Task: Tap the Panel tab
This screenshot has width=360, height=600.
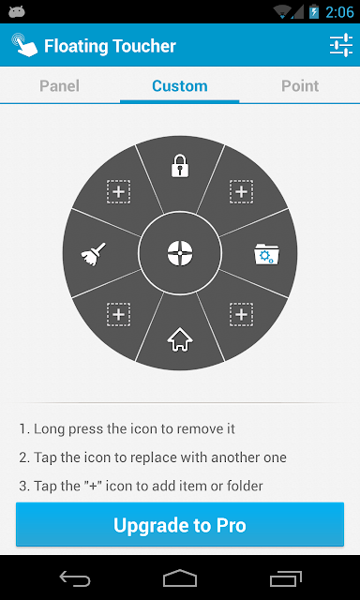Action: click(60, 86)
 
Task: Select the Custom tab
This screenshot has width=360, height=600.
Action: click(180, 86)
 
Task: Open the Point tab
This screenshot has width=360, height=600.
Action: click(300, 86)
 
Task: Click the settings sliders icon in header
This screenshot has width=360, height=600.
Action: click(341, 45)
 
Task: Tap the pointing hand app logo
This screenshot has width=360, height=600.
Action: click(24, 45)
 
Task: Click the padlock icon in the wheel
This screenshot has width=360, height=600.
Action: click(180, 165)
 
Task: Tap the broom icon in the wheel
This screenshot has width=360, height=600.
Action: click(94, 253)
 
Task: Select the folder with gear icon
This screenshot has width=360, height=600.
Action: click(266, 254)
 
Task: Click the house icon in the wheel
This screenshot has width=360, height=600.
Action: click(180, 339)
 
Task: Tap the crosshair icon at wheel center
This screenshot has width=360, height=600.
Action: click(180, 253)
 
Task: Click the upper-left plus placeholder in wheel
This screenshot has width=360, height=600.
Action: click(119, 191)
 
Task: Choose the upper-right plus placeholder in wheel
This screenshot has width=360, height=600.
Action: click(241, 191)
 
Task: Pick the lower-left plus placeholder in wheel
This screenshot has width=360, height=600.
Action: click(119, 315)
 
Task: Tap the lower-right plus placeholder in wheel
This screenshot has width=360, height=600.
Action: click(241, 315)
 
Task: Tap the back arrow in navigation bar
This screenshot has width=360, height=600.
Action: click(75, 578)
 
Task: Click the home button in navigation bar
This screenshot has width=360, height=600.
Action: click(180, 578)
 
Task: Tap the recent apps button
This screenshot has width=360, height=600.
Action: click(285, 578)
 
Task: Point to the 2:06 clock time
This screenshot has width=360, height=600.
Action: click(339, 12)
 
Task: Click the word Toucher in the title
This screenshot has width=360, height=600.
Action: click(142, 46)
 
